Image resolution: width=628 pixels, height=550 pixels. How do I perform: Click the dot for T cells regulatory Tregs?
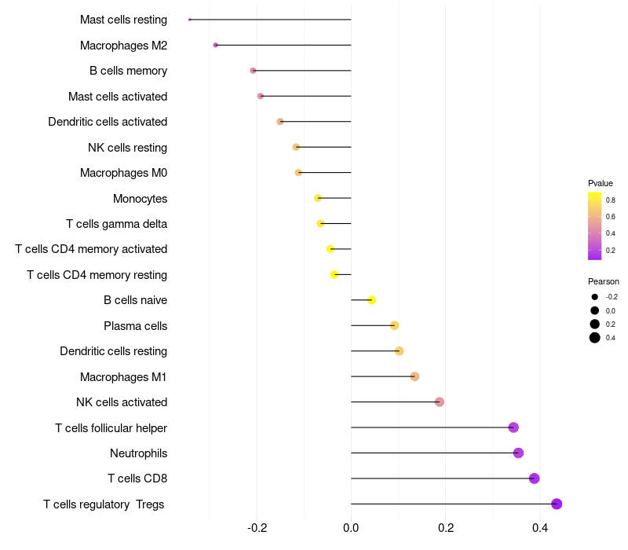[x=557, y=504]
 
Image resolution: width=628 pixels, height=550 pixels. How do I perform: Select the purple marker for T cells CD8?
[x=535, y=478]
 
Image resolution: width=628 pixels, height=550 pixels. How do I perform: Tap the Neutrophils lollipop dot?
[x=518, y=453]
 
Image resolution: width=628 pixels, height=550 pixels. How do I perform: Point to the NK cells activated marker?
[x=440, y=401]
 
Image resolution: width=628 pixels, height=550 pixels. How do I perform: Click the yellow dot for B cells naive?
[x=372, y=300]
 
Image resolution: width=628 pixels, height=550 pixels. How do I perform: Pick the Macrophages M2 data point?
[x=215, y=46]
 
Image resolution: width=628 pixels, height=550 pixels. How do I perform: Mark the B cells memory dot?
[x=253, y=71]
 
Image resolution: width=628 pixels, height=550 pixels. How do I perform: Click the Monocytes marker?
[x=317, y=198]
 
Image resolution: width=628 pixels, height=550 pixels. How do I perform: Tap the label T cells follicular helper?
[x=111, y=427]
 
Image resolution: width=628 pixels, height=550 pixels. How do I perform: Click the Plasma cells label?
[x=135, y=325]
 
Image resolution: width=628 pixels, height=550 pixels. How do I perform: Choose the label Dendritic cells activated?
[x=108, y=122]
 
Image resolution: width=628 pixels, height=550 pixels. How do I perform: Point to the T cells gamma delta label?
[x=116, y=223]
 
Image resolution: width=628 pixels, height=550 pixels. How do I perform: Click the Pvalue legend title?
[x=601, y=183]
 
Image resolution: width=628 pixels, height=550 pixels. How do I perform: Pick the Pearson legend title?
[x=604, y=281]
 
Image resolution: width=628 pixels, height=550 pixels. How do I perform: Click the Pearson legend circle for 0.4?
[x=595, y=338]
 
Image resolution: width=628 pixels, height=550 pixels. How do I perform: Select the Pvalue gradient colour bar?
[x=595, y=225]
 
